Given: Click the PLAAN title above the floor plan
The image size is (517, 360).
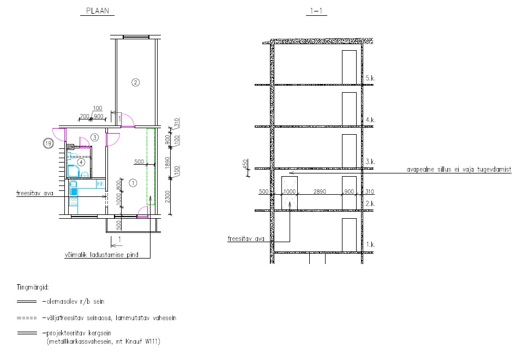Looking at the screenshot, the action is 98,11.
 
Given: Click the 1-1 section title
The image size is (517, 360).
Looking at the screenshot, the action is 316,11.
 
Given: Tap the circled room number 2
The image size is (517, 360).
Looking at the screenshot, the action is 135,82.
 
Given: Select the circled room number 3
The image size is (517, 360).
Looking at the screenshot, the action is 95,137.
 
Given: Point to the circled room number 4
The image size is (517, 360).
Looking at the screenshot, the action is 81,162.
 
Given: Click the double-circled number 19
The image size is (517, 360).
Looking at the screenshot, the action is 49,143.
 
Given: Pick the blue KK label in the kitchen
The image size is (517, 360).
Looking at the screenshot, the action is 100,184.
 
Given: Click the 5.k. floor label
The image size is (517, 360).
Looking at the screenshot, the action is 370,79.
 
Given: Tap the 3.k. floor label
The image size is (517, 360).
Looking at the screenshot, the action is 370,162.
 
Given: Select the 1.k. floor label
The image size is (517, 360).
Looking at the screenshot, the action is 370,244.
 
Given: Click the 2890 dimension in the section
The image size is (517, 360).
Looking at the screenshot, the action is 320,191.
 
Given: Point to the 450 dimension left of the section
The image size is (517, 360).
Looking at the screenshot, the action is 245,164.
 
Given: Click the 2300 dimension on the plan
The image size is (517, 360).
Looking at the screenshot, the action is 167,197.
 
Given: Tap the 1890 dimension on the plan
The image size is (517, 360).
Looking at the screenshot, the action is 167,163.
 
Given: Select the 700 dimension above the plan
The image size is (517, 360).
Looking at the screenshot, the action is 85,116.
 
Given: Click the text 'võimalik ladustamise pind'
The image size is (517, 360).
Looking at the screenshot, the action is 101,255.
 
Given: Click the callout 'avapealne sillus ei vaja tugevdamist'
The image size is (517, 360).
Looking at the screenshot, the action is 459,170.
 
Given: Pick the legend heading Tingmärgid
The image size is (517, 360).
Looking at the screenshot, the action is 33,287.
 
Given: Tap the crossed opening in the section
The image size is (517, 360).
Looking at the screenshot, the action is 290,193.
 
